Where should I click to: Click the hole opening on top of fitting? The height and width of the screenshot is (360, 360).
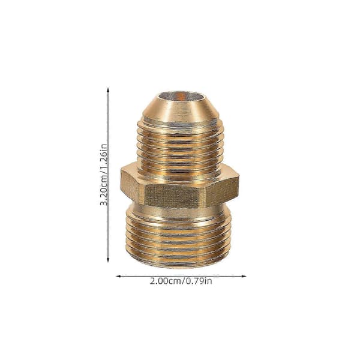[x=179, y=96]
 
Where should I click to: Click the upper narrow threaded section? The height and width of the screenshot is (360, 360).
[x=180, y=147]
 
